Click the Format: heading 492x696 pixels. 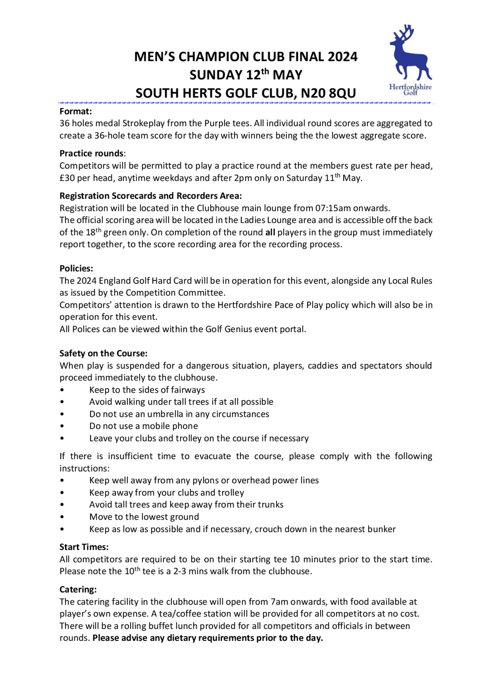tap(76, 111)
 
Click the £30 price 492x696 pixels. tap(67, 178)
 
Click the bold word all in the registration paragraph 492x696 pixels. tap(270, 232)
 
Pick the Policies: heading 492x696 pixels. tap(76, 269)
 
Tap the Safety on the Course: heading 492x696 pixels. tap(103, 354)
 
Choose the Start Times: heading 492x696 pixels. tap(84, 547)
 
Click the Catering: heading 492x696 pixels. tap(78, 590)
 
